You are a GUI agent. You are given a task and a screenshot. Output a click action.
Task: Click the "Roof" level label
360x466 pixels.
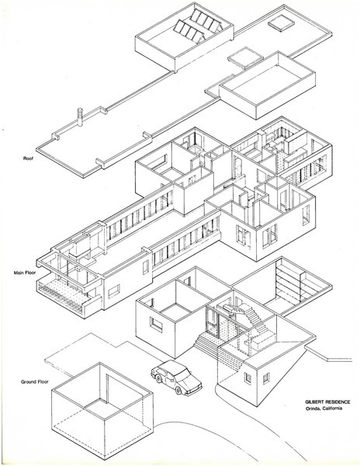pyautogui.click(x=28, y=158)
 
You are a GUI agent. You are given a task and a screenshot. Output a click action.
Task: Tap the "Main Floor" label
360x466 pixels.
pyautogui.click(x=25, y=273)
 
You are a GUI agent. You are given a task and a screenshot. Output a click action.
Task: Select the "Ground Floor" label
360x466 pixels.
pyautogui.click(x=34, y=381)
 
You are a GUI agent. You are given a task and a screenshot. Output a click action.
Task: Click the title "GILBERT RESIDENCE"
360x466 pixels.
pyautogui.click(x=327, y=402)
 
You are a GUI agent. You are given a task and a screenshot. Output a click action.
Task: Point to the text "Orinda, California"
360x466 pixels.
pyautogui.click(x=324, y=408)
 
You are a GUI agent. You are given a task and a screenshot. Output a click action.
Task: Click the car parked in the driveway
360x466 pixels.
pyautogui.click(x=176, y=377)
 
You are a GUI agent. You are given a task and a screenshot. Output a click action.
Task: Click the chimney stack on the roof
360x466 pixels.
pyautogui.click(x=80, y=116)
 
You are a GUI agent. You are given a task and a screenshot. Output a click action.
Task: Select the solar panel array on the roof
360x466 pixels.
pyautogui.click(x=198, y=26)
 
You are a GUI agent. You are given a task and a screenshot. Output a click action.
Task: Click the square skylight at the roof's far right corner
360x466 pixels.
pyautogui.click(x=281, y=23)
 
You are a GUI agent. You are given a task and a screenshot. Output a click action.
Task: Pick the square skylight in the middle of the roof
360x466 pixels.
pyautogui.click(x=245, y=56)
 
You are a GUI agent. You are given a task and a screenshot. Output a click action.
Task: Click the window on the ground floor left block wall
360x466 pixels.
pyautogui.click(x=156, y=325)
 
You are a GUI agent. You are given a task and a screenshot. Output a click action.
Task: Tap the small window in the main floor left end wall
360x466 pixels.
pyautogui.click(x=114, y=291)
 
